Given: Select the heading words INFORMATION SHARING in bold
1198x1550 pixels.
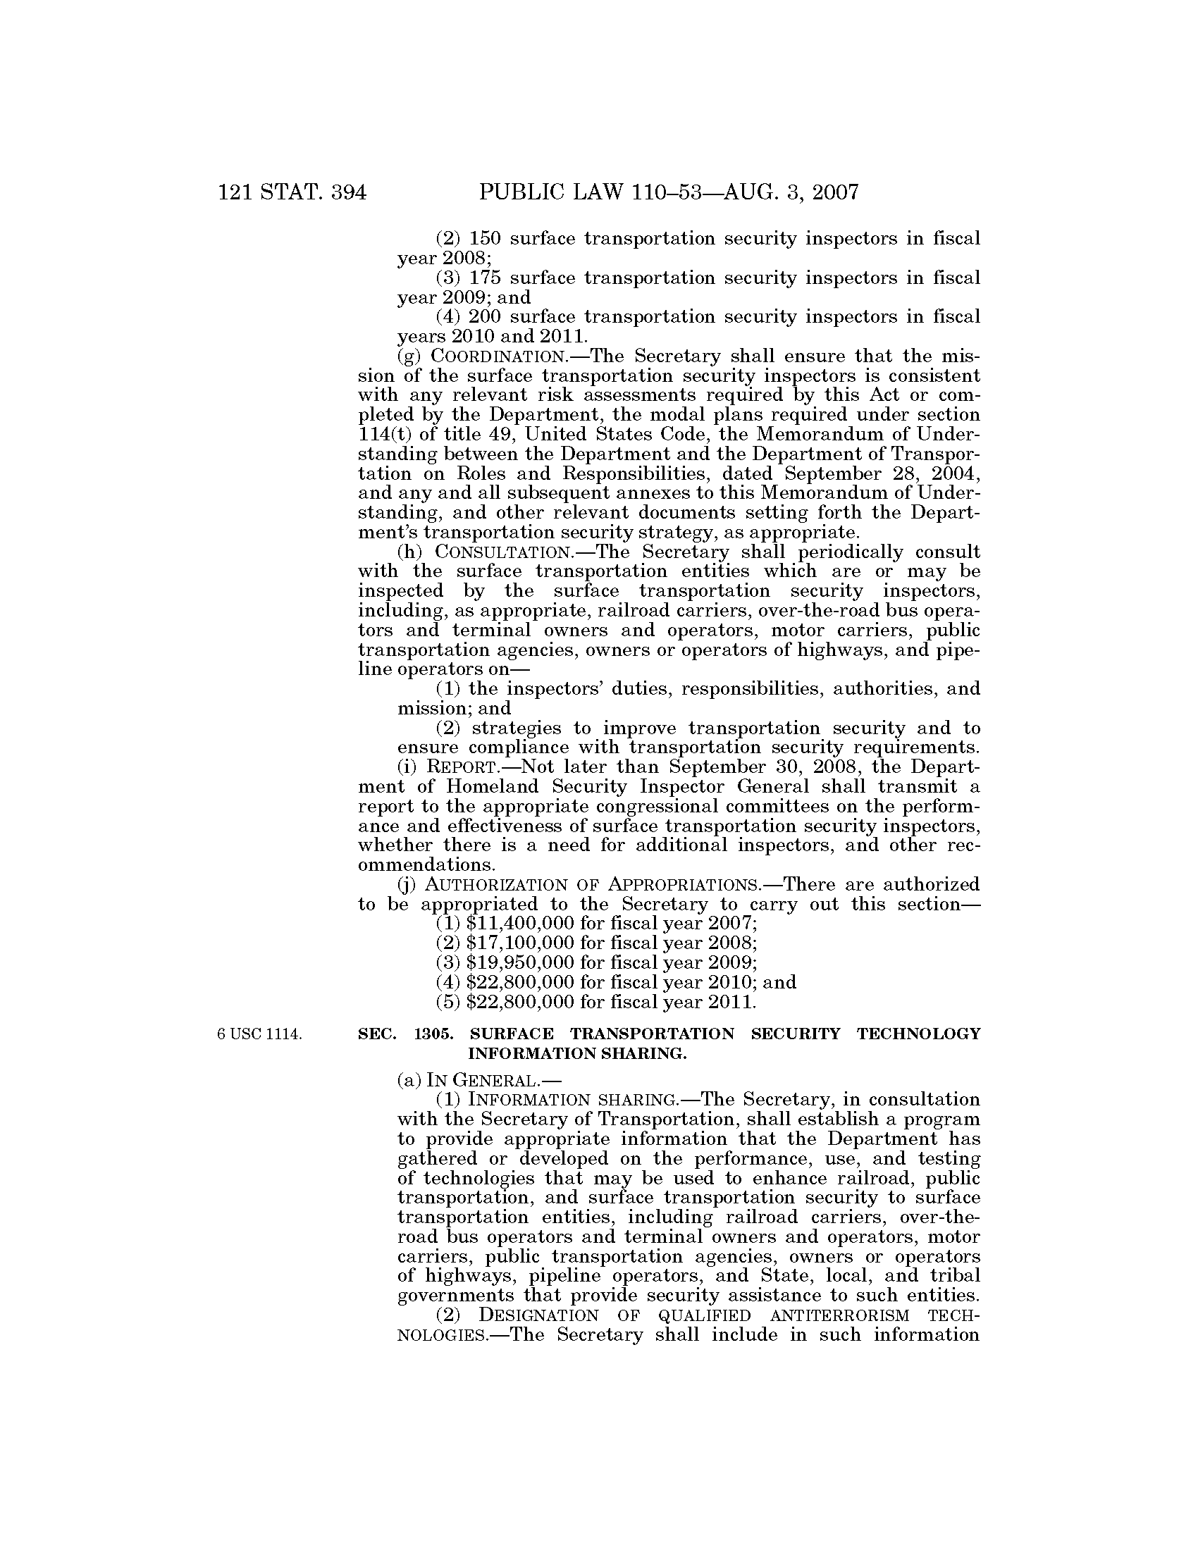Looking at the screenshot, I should pos(576,1054).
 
